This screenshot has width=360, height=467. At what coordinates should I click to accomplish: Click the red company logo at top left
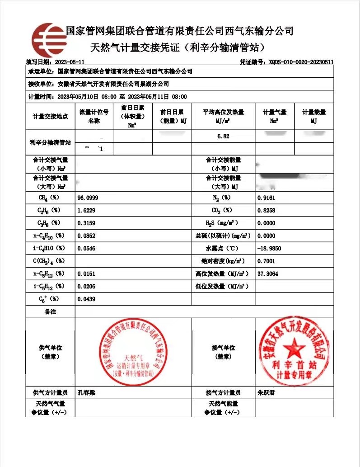click(x=49, y=39)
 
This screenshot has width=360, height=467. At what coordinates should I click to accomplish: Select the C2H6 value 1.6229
click(x=86, y=211)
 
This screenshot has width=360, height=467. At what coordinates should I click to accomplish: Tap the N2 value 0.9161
click(x=266, y=198)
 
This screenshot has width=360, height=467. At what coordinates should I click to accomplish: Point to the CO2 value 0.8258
click(x=266, y=211)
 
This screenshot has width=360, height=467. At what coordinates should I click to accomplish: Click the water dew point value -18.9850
click(x=269, y=249)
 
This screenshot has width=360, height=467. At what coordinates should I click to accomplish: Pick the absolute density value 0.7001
click(x=266, y=261)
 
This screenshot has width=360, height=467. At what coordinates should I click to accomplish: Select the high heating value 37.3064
click(x=267, y=274)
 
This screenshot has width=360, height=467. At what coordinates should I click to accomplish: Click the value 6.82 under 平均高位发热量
click(x=223, y=136)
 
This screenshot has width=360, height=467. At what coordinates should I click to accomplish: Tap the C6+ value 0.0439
click(x=86, y=299)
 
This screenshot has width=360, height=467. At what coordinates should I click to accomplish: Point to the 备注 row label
click(x=50, y=312)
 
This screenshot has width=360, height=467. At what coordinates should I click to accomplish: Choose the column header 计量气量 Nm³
click(x=274, y=117)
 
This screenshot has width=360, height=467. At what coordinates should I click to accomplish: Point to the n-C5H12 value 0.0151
click(x=86, y=274)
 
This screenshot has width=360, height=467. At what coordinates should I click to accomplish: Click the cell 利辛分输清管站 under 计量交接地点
click(x=50, y=143)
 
